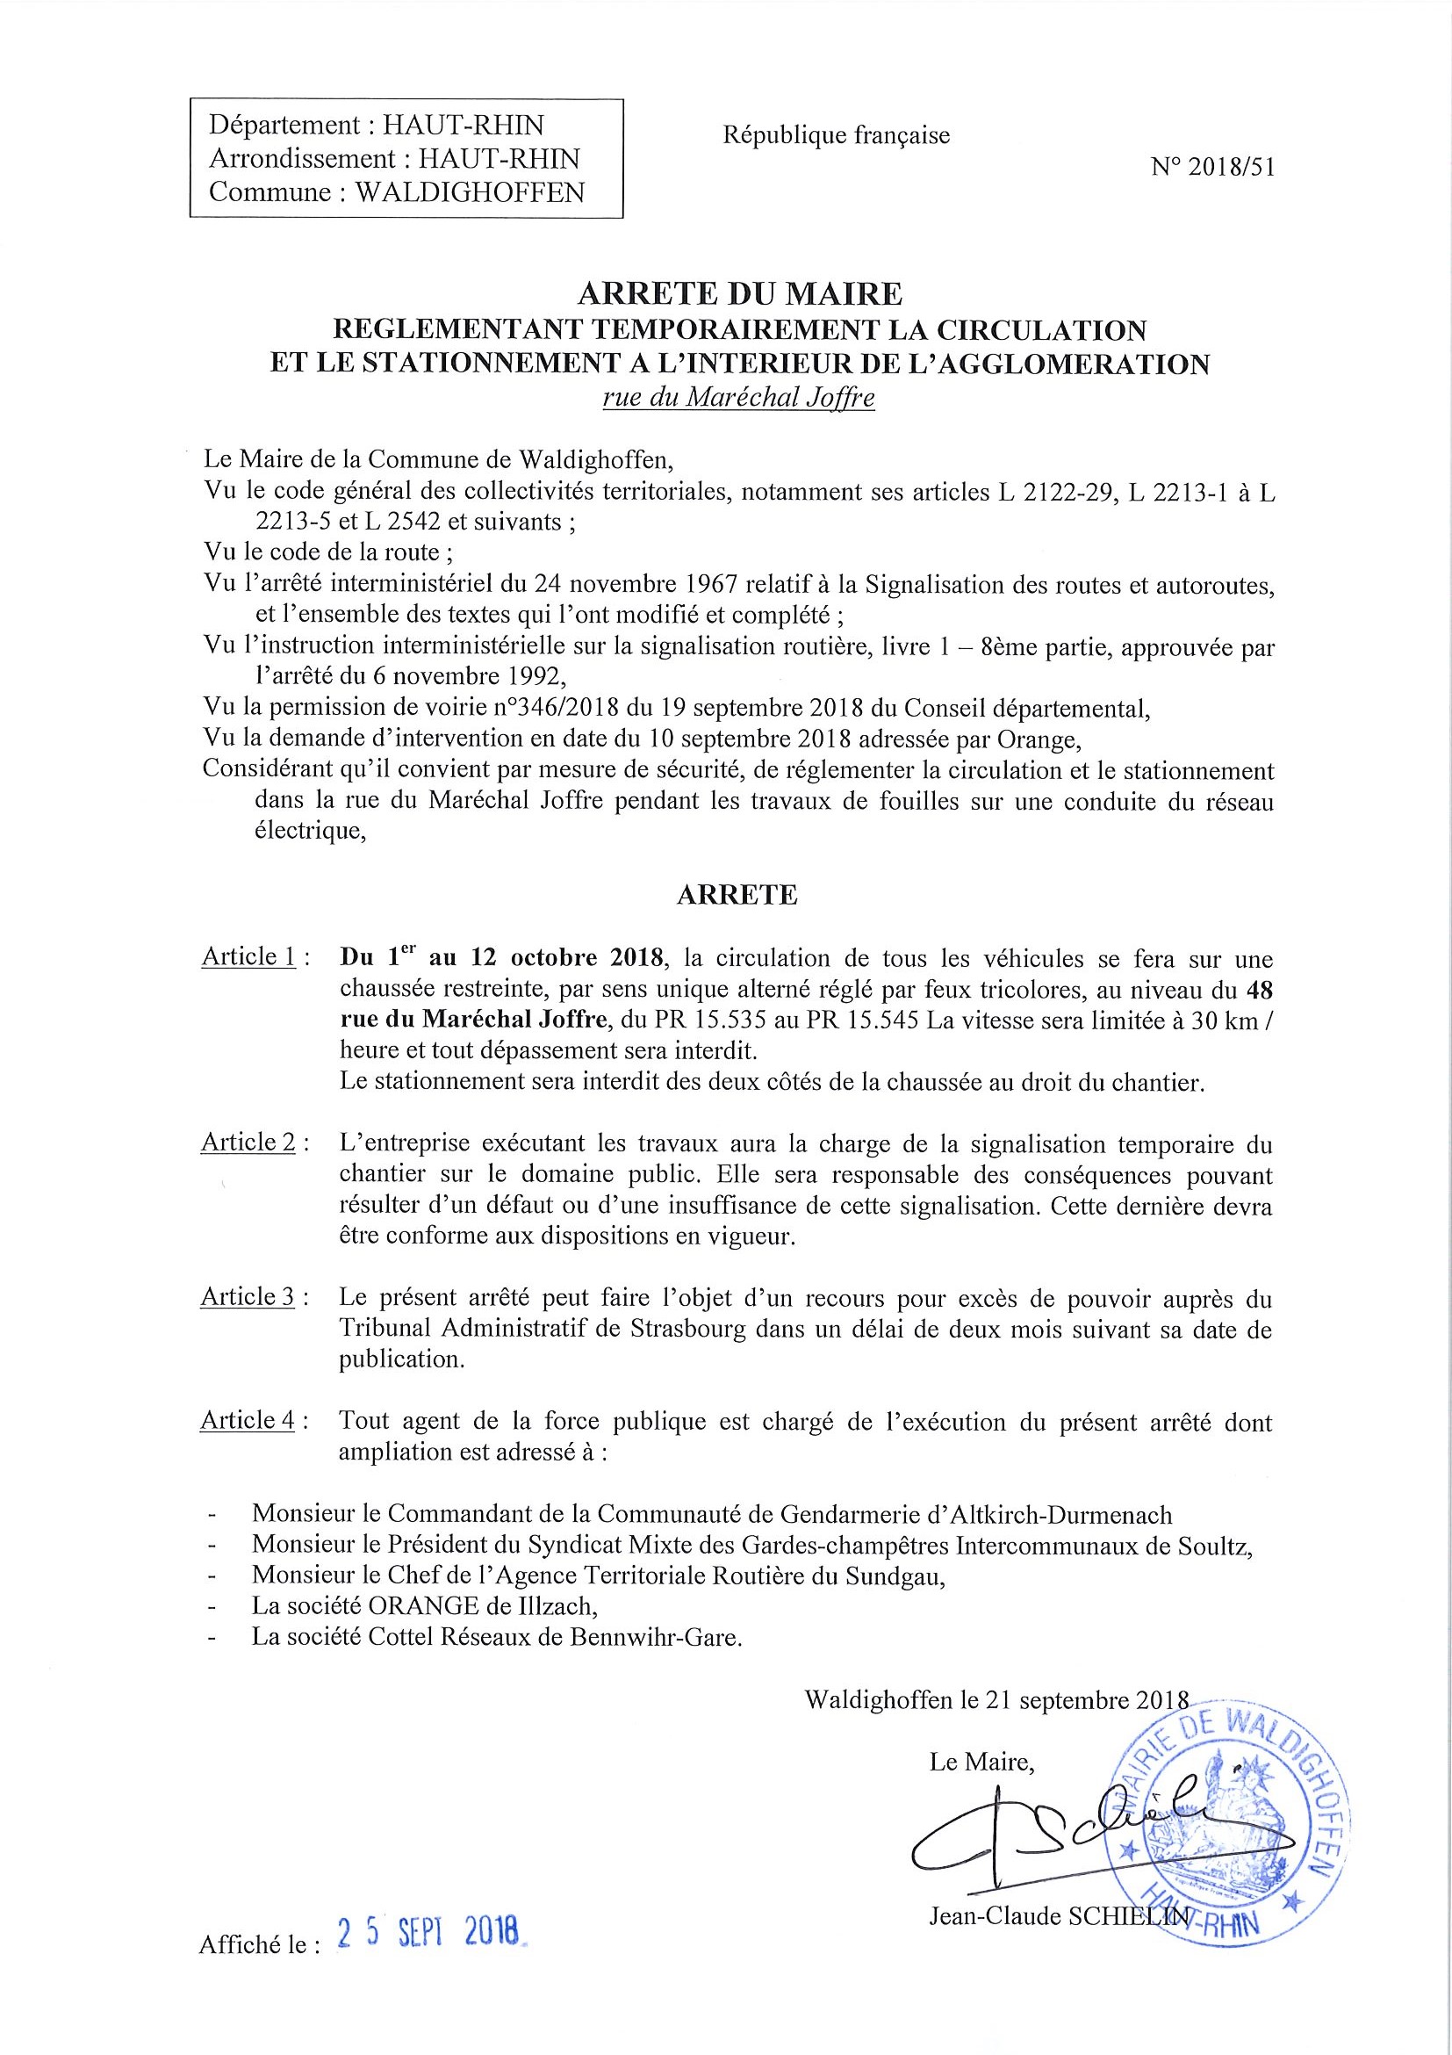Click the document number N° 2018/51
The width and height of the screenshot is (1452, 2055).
click(x=1213, y=168)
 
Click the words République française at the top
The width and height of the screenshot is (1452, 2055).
click(x=836, y=135)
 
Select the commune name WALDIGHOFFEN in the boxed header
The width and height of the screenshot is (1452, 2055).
click(x=471, y=192)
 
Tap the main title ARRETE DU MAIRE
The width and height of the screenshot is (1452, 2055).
click(x=739, y=293)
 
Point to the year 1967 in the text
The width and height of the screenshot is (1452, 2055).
click(x=707, y=586)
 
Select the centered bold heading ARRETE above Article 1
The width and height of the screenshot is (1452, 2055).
click(x=737, y=895)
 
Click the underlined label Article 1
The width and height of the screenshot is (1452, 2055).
click(x=248, y=956)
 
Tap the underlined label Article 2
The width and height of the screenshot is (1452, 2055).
click(x=248, y=1142)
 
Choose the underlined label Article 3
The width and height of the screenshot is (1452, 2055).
click(x=248, y=1297)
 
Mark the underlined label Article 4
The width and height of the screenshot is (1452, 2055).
click(x=248, y=1420)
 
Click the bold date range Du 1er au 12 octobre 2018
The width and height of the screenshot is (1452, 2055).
click(x=502, y=958)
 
